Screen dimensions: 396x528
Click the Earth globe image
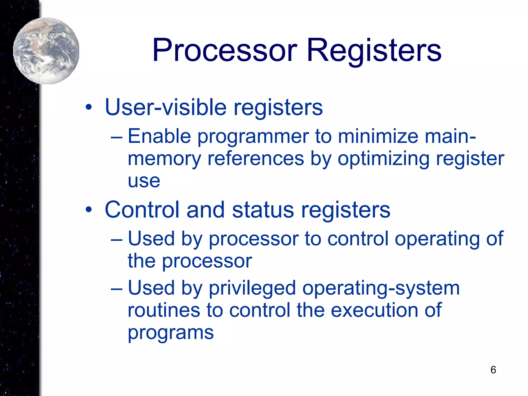46,51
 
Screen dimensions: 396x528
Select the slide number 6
493,370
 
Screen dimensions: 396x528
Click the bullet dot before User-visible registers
89,107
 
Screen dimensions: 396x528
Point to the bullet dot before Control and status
89,210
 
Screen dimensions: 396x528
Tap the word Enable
159,136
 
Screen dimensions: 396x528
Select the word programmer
253,137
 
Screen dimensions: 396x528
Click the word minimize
378,136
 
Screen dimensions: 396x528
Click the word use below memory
144,181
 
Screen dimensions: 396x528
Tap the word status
263,210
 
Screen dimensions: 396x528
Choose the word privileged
252,288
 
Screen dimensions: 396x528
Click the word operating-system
381,288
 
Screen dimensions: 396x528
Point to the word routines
164,310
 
